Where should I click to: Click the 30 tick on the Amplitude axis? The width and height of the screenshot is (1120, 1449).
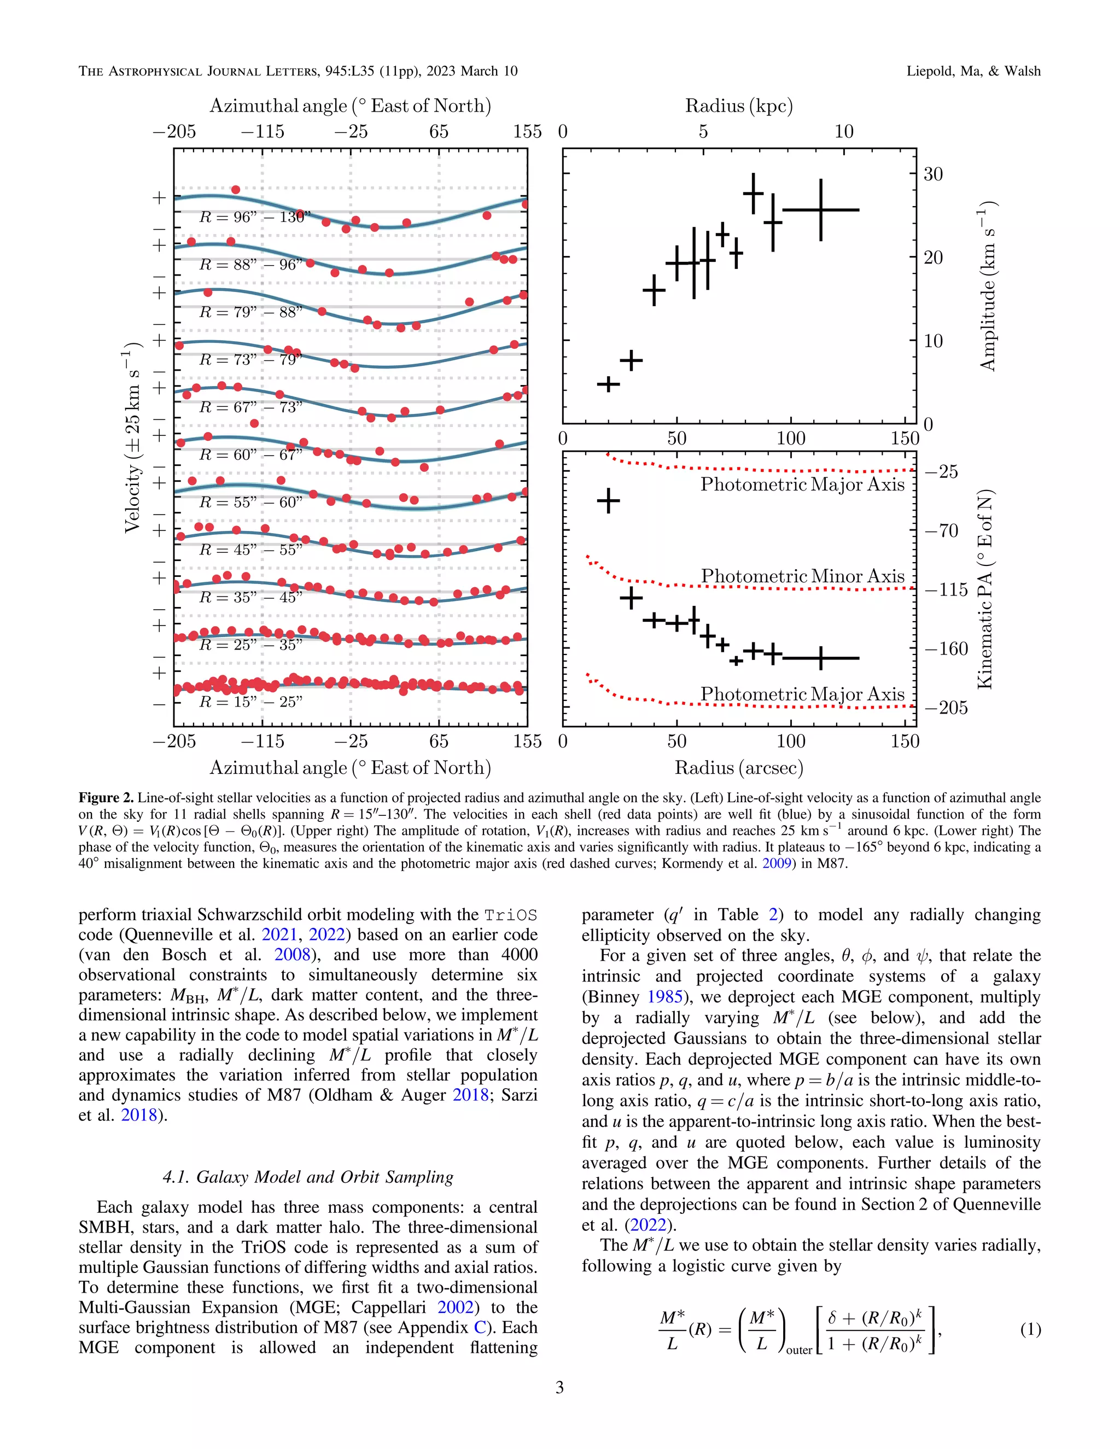[933, 174]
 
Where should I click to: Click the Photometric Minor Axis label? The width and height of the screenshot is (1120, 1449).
[802, 576]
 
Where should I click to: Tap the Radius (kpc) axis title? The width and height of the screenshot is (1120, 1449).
[738, 106]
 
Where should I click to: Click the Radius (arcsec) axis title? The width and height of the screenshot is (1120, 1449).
[738, 768]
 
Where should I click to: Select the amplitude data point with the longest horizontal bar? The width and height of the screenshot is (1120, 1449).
[821, 209]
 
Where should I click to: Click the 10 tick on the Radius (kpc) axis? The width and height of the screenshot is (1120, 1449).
[843, 131]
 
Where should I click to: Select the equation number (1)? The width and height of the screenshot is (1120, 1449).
[1030, 1330]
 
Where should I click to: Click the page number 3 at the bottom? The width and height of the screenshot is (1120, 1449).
[559, 1387]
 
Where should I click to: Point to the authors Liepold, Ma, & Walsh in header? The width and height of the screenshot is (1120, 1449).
[973, 71]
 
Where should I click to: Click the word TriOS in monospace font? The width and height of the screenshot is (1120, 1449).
[510, 915]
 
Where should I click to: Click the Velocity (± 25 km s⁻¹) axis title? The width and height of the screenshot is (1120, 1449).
[133, 438]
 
